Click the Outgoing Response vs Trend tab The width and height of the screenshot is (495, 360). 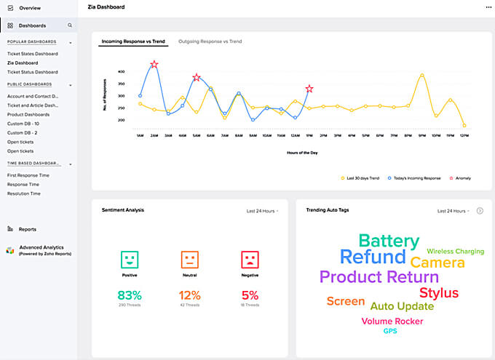coord(210,41)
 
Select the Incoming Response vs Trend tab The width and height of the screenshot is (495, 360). coord(133,41)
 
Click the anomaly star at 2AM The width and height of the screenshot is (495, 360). coord(154,65)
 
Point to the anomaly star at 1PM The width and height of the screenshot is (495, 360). coord(309,89)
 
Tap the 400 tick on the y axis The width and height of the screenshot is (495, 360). coord(121,72)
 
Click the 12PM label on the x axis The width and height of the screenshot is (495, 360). coord(295,135)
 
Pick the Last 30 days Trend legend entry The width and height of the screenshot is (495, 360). coord(362,177)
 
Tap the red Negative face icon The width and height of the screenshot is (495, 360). coord(250,259)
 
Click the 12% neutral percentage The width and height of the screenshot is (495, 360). coord(189,295)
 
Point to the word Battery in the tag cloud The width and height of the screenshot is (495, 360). coord(389,241)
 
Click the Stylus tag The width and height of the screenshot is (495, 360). coord(439,293)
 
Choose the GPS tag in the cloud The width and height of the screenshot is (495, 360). coord(390,332)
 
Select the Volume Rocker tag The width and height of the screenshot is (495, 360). coord(392,321)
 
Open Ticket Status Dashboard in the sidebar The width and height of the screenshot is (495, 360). coord(33,72)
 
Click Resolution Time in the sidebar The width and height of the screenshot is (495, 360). coord(24,193)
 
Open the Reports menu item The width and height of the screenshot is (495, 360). coord(27,229)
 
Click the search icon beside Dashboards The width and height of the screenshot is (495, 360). coord(70,25)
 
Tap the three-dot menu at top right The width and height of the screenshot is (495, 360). coord(488,7)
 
